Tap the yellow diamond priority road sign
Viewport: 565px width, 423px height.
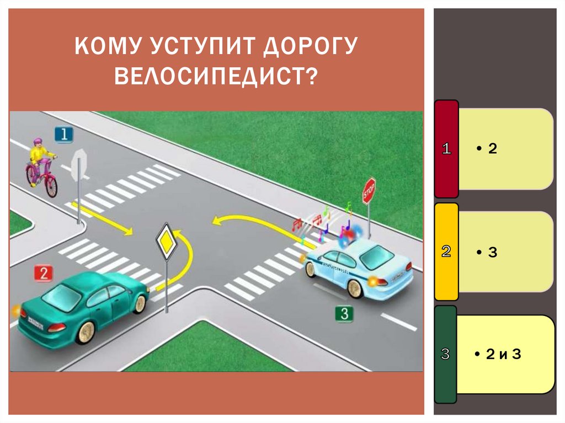click(x=167, y=240)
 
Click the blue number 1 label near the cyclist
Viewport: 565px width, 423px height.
click(x=63, y=134)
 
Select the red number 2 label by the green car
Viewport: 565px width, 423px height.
click(x=43, y=273)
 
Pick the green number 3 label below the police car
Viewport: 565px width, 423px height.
click(x=344, y=314)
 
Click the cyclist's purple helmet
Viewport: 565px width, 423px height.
click(x=38, y=142)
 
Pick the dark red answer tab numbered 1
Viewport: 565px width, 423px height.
click(x=446, y=148)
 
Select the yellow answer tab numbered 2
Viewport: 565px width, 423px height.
click(x=446, y=251)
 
